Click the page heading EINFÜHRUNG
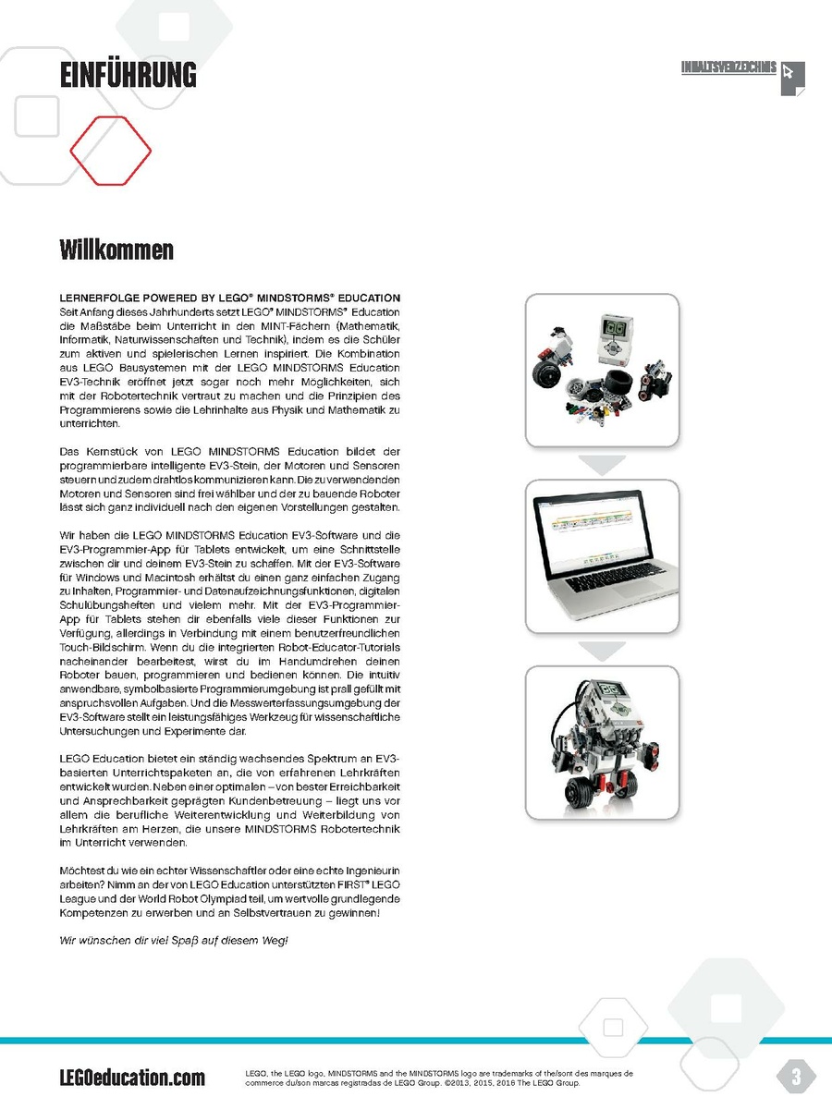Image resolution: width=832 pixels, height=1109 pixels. point(128,74)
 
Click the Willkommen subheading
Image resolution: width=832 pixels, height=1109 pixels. point(116,250)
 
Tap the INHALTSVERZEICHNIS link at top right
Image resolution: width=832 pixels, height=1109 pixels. point(728,68)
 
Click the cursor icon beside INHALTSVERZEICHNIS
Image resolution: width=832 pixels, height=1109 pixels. point(791,77)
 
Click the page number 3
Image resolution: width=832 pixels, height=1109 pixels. point(796,1076)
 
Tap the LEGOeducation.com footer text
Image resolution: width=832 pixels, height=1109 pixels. point(132,1077)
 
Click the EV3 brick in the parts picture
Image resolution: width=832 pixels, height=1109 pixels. point(616,335)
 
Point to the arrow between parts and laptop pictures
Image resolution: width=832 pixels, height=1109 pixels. point(602,464)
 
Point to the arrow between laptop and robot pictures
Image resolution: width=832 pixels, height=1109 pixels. point(602,651)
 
